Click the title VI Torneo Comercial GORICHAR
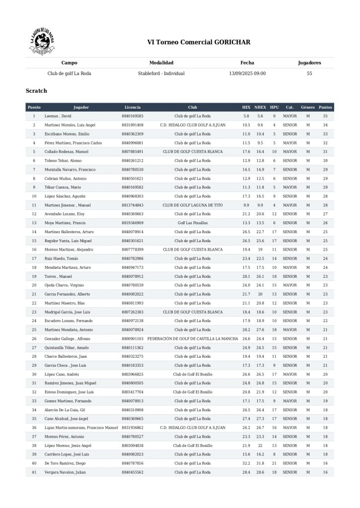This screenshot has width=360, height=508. pyautogui.click(x=199, y=42)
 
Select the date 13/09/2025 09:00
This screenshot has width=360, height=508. pyautogui.click(x=247, y=73)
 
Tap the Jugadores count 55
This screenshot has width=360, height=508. pyautogui.click(x=309, y=73)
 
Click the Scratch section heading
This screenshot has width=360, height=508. pyautogui.click(x=36, y=91)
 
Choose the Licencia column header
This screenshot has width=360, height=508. pyautogui.click(x=132, y=107)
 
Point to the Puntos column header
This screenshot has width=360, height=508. pyautogui.click(x=325, y=107)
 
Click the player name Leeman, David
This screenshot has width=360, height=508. pyautogui.click(x=59, y=116)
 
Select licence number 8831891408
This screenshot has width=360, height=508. pyautogui.click(x=132, y=125)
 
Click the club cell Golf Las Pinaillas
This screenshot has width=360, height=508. pyautogui.click(x=192, y=223)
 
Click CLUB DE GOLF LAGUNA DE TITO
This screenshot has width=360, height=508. pyautogui.click(x=192, y=205)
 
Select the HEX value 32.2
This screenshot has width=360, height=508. pyautogui.click(x=246, y=464)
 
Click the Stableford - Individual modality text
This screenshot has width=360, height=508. pyautogui.click(x=161, y=73)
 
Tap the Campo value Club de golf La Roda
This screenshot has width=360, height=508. pyautogui.click(x=69, y=73)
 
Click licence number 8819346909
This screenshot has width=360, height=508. pyautogui.click(x=132, y=223)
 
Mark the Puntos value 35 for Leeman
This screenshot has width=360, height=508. pyautogui.click(x=325, y=116)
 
